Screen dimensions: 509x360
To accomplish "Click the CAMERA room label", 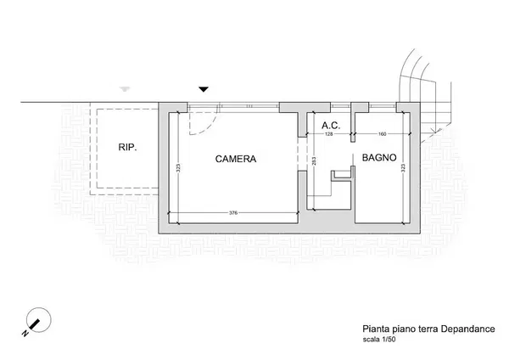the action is point(236,159).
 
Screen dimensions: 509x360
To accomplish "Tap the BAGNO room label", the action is point(379,158).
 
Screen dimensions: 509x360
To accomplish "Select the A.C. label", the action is point(331,126).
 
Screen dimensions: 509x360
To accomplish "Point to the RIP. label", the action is point(127,147).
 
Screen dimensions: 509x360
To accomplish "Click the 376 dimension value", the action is point(233,213).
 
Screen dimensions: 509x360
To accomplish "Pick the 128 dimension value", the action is point(329,134).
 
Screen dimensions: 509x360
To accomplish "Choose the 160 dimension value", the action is point(382,134).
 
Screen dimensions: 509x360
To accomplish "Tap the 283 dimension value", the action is point(314,161).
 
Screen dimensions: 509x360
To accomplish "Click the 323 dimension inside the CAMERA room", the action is point(178,168).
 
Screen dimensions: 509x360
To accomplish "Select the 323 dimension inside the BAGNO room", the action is point(403,168).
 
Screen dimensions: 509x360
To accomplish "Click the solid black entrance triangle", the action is point(204,89).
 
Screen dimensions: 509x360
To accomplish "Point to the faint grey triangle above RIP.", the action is point(125,89).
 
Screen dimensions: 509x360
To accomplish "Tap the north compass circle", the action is point(39,320).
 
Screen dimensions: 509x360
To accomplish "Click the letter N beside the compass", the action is point(25,334).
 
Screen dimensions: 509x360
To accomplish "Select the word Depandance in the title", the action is point(467,329).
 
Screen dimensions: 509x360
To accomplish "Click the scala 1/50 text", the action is point(379,340).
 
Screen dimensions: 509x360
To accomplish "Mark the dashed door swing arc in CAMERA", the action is point(208,129).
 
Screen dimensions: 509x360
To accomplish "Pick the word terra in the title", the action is point(428,329).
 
